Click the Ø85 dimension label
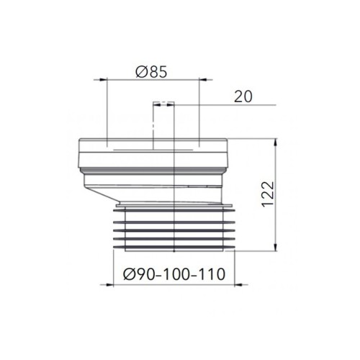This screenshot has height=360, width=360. pos(151,72)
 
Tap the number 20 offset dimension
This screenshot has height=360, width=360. pos(243,96)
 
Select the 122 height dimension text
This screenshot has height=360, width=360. pos(268,194)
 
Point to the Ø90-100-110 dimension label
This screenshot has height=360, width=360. pos(174,274)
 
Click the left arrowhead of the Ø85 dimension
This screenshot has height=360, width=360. pos(103,79)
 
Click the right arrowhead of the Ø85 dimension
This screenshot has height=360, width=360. pos(203,79)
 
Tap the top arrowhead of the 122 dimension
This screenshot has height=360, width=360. pos(276,143)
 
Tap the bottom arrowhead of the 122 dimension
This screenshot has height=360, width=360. pos(276,247)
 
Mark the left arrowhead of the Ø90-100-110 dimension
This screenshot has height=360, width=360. pos(109,285)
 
